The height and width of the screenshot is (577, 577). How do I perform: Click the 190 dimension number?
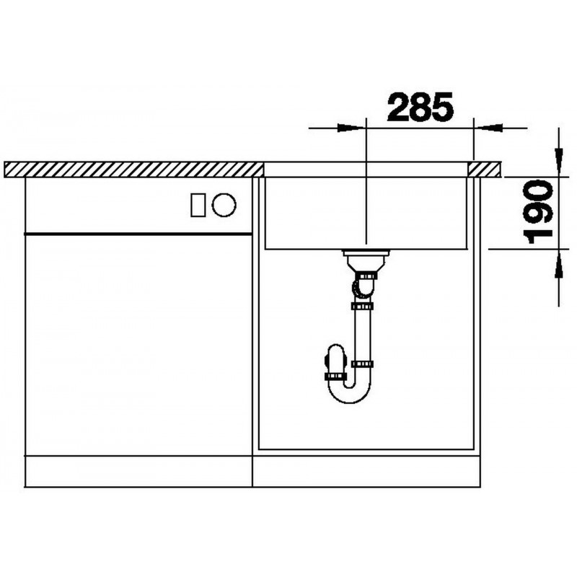coord(539,212)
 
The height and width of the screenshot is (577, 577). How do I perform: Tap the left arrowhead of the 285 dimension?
coord(352,128)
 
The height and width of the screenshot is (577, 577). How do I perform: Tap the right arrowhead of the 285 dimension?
coord(488,128)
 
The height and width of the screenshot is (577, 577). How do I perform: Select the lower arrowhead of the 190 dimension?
coord(559,263)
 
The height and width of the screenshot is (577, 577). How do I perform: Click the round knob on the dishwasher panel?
coord(224,205)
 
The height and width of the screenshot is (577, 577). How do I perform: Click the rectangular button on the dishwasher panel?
coord(198,205)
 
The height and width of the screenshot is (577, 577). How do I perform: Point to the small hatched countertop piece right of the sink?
coord(485,169)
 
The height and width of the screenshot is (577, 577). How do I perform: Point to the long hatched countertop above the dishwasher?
coord(134,169)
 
